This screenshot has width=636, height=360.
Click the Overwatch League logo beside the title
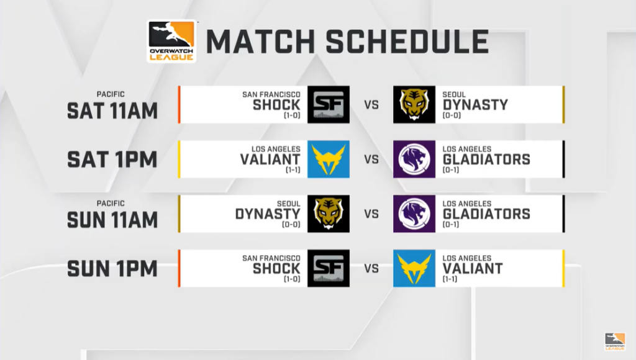point(171,42)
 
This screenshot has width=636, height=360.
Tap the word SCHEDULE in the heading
point(407,42)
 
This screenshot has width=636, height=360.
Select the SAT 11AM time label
point(112,111)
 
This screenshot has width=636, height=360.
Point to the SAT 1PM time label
point(112,160)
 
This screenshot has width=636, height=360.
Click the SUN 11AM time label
point(112,220)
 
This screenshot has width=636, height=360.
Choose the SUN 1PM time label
point(112,269)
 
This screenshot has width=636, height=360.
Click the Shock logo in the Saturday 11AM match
point(329,105)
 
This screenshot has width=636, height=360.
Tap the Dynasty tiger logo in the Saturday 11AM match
point(414,105)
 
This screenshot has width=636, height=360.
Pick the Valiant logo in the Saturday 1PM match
point(329,160)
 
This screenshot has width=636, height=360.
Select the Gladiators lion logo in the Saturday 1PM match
point(414,160)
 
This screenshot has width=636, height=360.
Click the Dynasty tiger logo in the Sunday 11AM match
point(329,214)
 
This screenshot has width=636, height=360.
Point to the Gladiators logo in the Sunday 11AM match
point(414,214)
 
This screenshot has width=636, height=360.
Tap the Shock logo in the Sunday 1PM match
point(329,268)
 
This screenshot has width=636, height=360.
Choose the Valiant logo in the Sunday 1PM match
point(414,268)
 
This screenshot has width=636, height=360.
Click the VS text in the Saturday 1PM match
point(371,160)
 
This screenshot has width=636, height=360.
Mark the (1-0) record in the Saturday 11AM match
point(292,115)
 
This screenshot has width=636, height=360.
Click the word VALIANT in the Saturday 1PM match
point(270,160)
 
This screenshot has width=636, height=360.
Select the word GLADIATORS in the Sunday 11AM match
point(486,214)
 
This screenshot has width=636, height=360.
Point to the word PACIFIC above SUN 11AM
point(111,204)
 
